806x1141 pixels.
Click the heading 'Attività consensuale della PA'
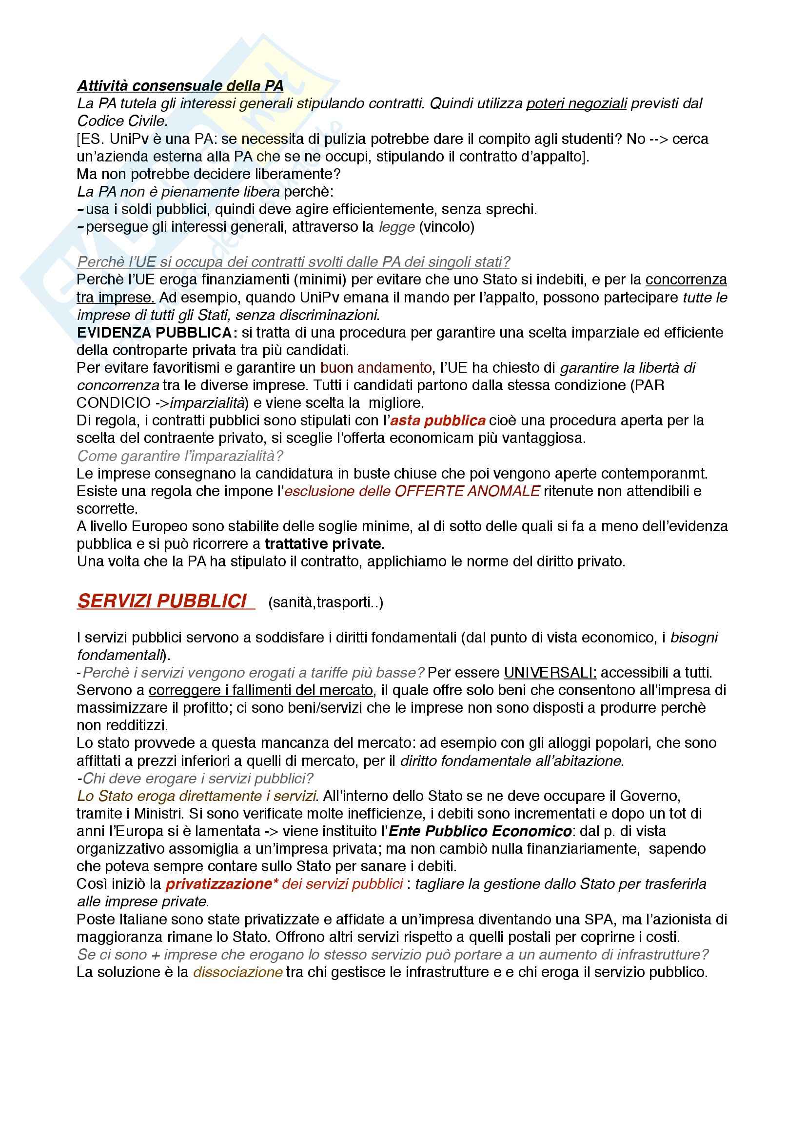tap(180, 85)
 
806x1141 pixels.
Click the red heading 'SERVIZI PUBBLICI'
tap(162, 601)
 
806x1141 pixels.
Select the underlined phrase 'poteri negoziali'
tap(576, 103)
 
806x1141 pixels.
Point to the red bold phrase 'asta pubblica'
tap(437, 420)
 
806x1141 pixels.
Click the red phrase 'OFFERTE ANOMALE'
tap(467, 491)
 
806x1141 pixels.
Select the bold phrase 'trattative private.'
tap(324, 543)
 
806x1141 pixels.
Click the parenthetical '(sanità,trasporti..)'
tap(325, 602)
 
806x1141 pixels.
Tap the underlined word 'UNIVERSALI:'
tap(550, 672)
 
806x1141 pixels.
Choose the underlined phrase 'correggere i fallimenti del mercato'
tap(261, 690)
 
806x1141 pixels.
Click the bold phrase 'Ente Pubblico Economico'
tap(480, 831)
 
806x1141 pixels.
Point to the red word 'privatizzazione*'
tap(221, 883)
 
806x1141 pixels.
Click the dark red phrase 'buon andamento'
tap(375, 368)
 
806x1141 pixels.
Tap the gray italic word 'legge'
tap(396, 227)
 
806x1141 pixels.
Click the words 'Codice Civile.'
tap(122, 121)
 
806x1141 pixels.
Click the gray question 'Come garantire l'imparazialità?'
tap(180, 456)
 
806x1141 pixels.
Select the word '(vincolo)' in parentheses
tap(447, 227)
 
